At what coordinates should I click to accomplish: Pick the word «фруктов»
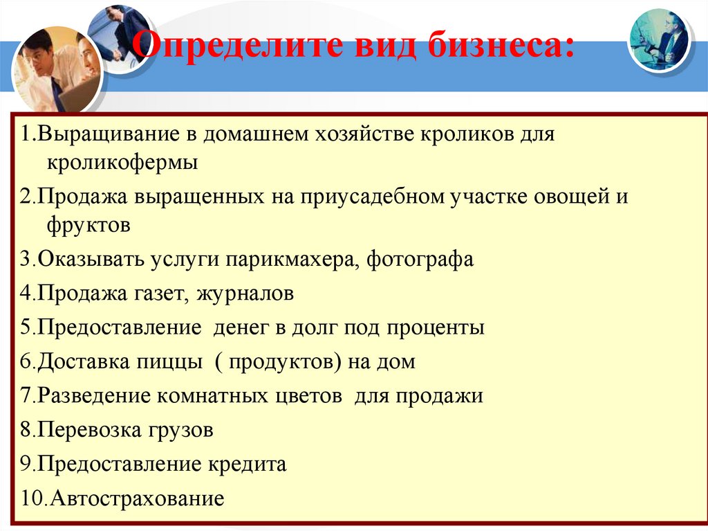[x=89, y=225]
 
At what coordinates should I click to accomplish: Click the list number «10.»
[x=33, y=498]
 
